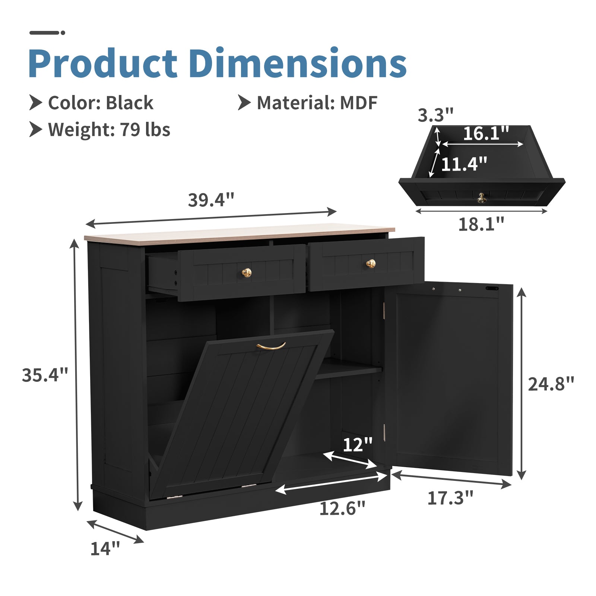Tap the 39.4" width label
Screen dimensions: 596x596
211,200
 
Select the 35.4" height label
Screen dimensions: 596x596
45,375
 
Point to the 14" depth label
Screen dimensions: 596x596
105,548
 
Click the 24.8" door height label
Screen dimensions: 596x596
551,384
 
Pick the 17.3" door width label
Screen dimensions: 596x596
450,498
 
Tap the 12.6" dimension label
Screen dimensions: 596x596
342,508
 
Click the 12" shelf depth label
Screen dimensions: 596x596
358,444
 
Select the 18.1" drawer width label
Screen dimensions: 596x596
481,224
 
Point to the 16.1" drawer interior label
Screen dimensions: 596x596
486,133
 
